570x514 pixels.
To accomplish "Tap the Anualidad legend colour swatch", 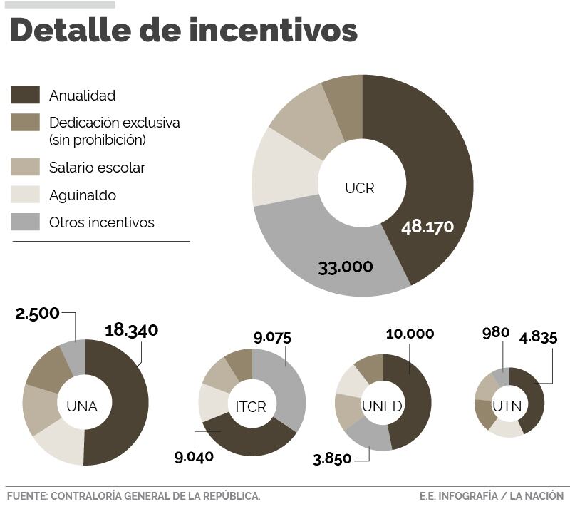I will [x=26, y=95].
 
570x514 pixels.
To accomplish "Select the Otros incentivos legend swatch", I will [x=26, y=222].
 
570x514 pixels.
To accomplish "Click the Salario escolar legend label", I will [x=97, y=168].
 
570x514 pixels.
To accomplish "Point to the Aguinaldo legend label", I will [x=83, y=195].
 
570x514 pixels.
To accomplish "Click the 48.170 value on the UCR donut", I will [x=427, y=227].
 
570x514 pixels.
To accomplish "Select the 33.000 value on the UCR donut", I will [x=346, y=267].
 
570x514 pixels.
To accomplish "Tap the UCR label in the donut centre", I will [x=359, y=188].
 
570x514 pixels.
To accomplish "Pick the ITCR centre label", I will [x=251, y=407].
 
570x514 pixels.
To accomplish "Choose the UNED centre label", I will [x=382, y=406].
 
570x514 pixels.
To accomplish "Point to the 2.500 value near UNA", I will [x=37, y=314].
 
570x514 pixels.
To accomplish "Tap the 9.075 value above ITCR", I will [x=272, y=337].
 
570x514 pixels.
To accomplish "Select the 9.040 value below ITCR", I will [x=194, y=457].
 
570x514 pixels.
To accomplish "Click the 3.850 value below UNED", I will [x=332, y=458].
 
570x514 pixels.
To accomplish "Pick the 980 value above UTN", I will [x=496, y=332].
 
